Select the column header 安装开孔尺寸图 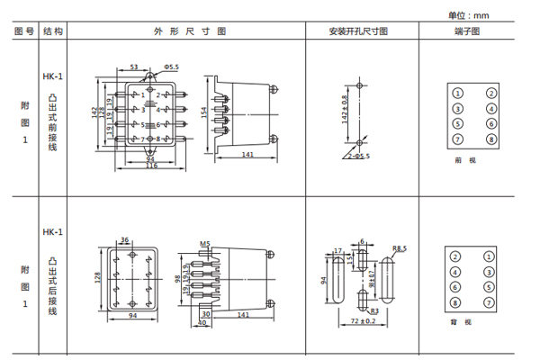click(357, 31)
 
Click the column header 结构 click(53, 31)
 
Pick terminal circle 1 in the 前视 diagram click(457, 93)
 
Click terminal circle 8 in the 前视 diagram click(491, 139)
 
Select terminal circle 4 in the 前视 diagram click(491, 108)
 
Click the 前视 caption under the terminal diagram click(463, 160)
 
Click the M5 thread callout click(204, 243)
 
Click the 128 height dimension click(98, 278)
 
